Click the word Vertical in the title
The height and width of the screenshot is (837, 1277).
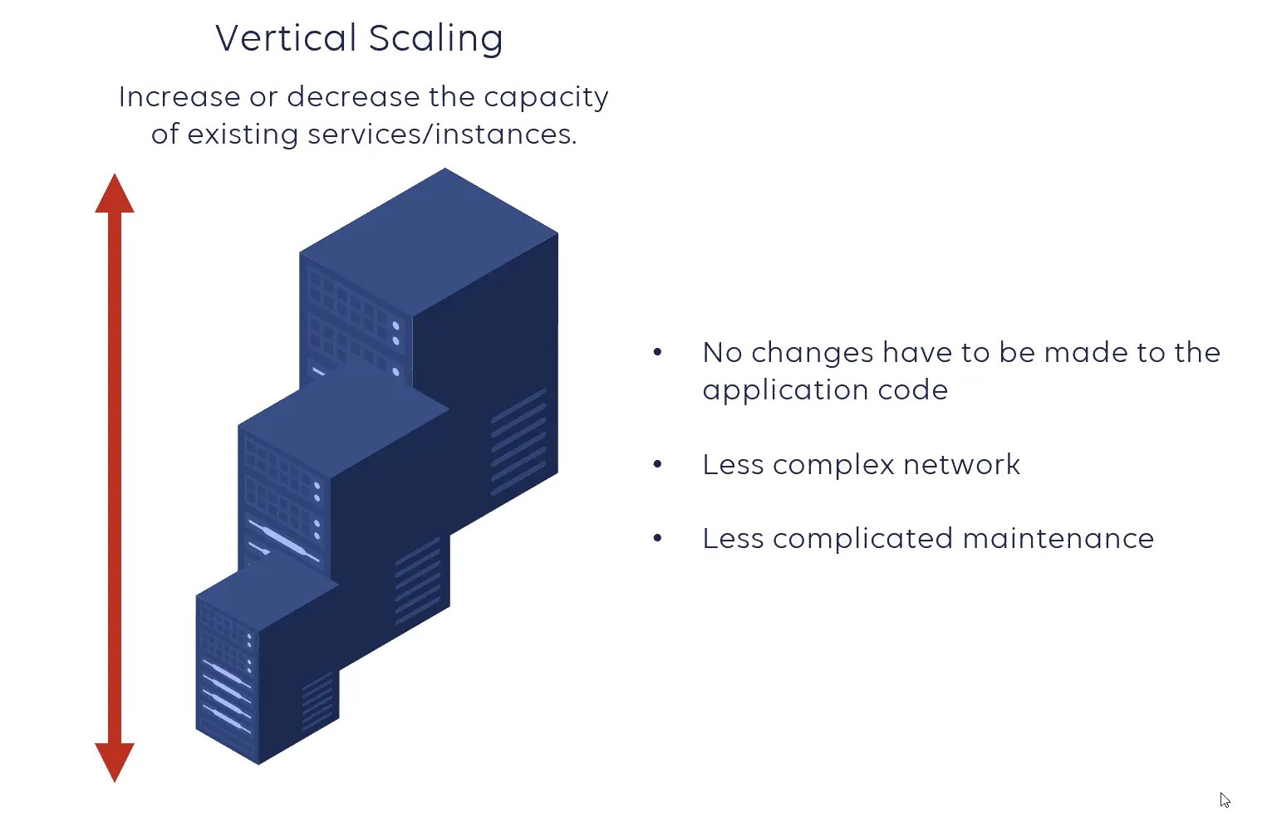click(286, 38)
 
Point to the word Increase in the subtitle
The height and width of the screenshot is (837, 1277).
click(179, 97)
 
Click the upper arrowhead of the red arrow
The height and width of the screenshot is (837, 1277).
click(115, 195)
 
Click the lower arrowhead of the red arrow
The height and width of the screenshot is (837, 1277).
click(115, 760)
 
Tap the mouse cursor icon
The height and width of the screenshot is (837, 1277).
click(1225, 800)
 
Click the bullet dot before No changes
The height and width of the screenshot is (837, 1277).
click(657, 353)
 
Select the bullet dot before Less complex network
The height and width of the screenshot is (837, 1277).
click(657, 465)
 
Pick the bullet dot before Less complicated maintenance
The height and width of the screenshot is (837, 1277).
click(657, 539)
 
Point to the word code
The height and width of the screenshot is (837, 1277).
click(913, 390)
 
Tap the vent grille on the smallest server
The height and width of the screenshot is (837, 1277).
click(317, 702)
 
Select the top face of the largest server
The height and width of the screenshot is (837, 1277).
click(429, 241)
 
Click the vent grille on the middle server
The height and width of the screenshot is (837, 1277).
click(418, 581)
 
